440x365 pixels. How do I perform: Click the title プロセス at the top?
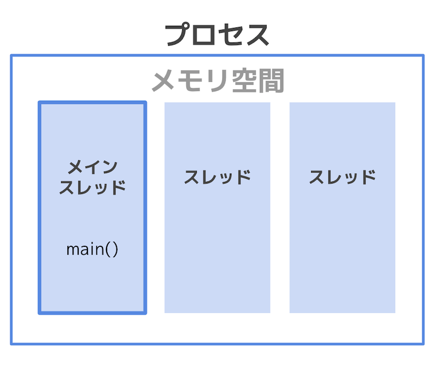pos(217,35)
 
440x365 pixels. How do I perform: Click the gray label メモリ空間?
pos(218,81)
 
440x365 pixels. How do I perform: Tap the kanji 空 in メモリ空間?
pos(244,81)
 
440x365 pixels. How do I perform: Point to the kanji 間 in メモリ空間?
pos(271,81)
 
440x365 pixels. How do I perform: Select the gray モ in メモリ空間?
pos(190,81)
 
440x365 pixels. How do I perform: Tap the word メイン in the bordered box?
pos(93,167)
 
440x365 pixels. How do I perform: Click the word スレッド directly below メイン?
pos(92,187)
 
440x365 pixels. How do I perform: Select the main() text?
pos(92,249)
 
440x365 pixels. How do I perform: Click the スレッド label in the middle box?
pos(217,177)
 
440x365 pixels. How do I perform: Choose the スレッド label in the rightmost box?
pos(342,177)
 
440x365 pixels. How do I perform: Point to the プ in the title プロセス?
pos(178,35)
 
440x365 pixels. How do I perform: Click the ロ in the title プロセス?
pos(203,35)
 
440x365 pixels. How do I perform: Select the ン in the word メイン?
pos(110,167)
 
